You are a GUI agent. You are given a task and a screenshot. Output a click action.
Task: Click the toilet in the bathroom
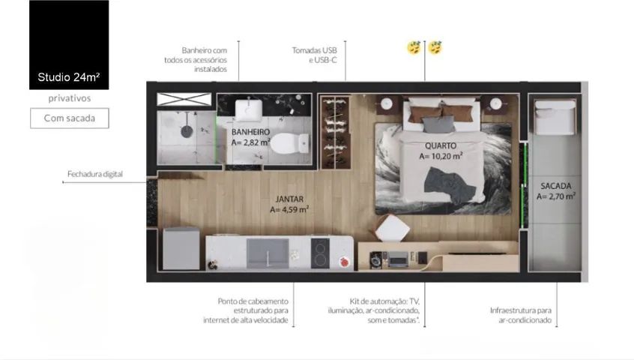click(x=289, y=143)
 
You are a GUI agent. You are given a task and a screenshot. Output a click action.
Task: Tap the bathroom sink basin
click(x=249, y=109)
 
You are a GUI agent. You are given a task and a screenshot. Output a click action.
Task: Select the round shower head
click(x=187, y=131)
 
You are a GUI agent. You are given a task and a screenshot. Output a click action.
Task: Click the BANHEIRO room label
click(x=251, y=132)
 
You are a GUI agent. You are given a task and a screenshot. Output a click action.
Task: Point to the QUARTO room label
click(x=441, y=145)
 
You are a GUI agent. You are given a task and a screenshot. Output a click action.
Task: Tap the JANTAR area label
click(x=289, y=199)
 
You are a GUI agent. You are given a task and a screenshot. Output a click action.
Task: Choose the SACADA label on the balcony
click(x=556, y=186)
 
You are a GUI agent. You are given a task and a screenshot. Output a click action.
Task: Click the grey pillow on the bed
click(x=438, y=124)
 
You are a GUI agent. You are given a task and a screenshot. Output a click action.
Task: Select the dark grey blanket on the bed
click(x=449, y=185)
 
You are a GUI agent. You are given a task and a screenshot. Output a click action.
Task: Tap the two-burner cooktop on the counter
click(x=320, y=253)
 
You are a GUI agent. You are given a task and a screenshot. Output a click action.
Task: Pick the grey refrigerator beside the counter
click(x=181, y=249)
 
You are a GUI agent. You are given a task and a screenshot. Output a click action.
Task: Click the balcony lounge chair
click(x=555, y=117)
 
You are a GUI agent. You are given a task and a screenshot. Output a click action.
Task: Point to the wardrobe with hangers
click(x=335, y=133)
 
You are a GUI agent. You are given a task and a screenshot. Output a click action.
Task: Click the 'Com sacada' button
click(x=70, y=118)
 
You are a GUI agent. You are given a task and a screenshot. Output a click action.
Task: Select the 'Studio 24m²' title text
click(x=69, y=76)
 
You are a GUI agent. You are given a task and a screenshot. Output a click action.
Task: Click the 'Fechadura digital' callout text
click(x=95, y=174)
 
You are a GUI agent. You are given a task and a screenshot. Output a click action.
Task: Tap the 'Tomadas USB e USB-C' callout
click(x=315, y=55)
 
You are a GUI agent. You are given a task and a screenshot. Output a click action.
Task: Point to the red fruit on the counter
click(x=345, y=262)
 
